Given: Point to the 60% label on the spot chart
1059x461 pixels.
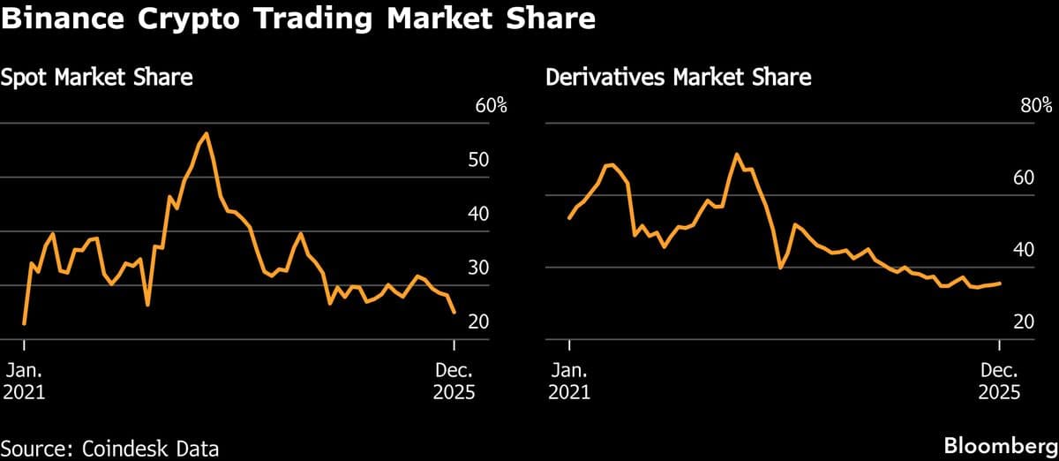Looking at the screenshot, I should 492,106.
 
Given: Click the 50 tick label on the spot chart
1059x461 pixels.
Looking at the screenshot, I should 478,161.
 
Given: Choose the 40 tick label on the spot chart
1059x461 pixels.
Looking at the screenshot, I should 478,215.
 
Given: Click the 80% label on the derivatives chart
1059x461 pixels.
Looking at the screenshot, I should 1036,106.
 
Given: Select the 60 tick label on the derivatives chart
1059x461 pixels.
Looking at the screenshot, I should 1024,178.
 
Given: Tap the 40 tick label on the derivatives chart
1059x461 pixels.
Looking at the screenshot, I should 1024,250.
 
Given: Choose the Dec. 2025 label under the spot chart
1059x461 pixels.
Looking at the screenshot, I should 454,381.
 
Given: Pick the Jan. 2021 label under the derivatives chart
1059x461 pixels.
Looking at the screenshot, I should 569,381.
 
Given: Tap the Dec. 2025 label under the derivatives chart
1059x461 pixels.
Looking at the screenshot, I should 999,381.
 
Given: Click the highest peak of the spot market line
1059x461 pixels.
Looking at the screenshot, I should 206,133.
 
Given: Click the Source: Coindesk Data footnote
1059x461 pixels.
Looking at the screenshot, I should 109,448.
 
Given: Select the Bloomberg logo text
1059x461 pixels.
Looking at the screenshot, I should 1001,447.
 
